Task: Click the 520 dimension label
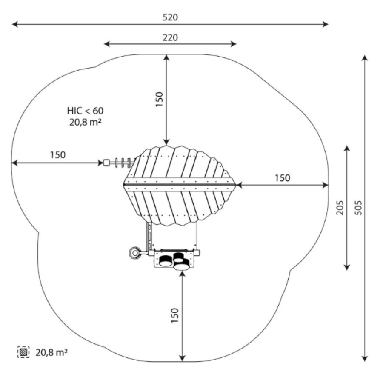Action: (170, 17)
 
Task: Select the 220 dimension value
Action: (170, 37)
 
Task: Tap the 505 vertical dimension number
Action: (358, 208)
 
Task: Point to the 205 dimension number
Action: (340, 208)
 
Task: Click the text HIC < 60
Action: (85, 111)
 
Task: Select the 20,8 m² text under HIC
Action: (85, 122)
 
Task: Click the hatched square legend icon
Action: (23, 352)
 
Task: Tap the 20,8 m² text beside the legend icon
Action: (51, 352)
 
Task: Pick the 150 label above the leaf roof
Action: (159, 99)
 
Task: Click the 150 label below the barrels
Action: (175, 316)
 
